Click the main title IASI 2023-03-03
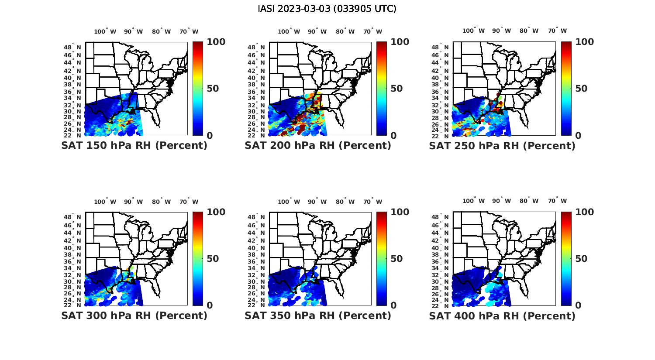pyautogui.click(x=327, y=9)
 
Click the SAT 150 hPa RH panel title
pyautogui.click(x=134, y=145)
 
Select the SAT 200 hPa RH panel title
pyautogui.click(x=318, y=145)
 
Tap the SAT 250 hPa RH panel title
pyautogui.click(x=502, y=145)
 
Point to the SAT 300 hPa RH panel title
pyautogui.click(x=134, y=315)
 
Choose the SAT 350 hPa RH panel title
pyautogui.click(x=318, y=315)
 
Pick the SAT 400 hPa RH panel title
pyautogui.click(x=502, y=315)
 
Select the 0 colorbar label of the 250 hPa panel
pyautogui.click(x=578, y=136)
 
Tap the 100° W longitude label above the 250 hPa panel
pyautogui.click(x=474, y=31)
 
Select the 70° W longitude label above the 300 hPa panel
pyautogui.click(x=189, y=202)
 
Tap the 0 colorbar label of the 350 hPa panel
pyautogui.click(x=393, y=305)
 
